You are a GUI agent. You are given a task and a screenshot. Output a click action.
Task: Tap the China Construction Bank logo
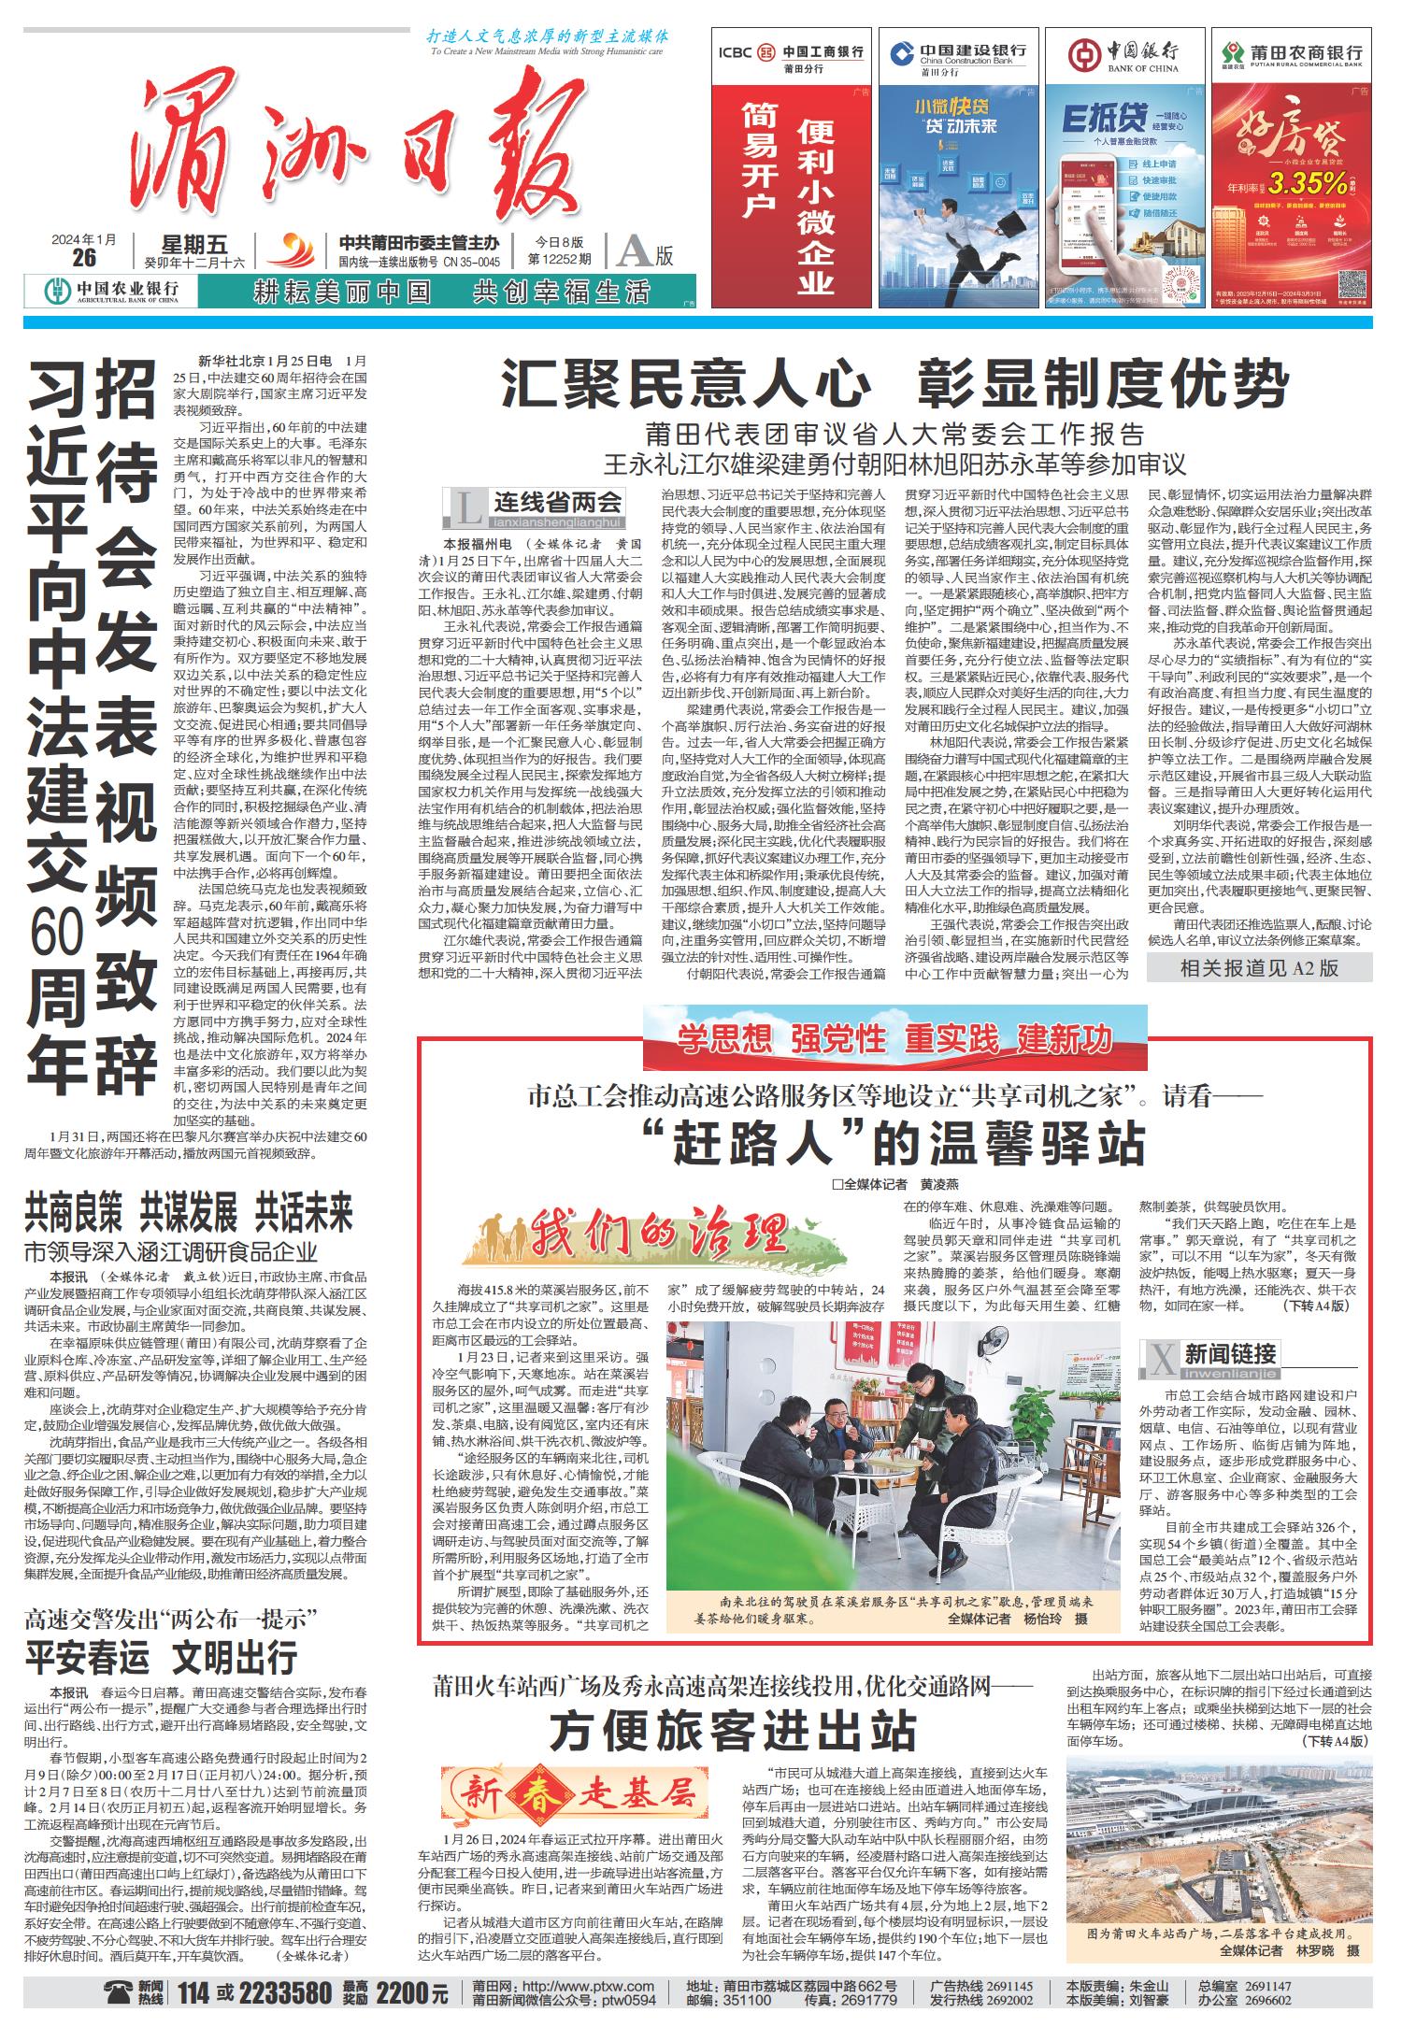coord(902,52)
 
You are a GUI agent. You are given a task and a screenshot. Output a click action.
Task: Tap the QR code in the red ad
coord(1354,283)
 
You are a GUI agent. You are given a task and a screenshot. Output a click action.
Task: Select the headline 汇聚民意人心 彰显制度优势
coord(894,384)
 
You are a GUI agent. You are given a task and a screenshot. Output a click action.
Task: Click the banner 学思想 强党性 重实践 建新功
coord(894,1037)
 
